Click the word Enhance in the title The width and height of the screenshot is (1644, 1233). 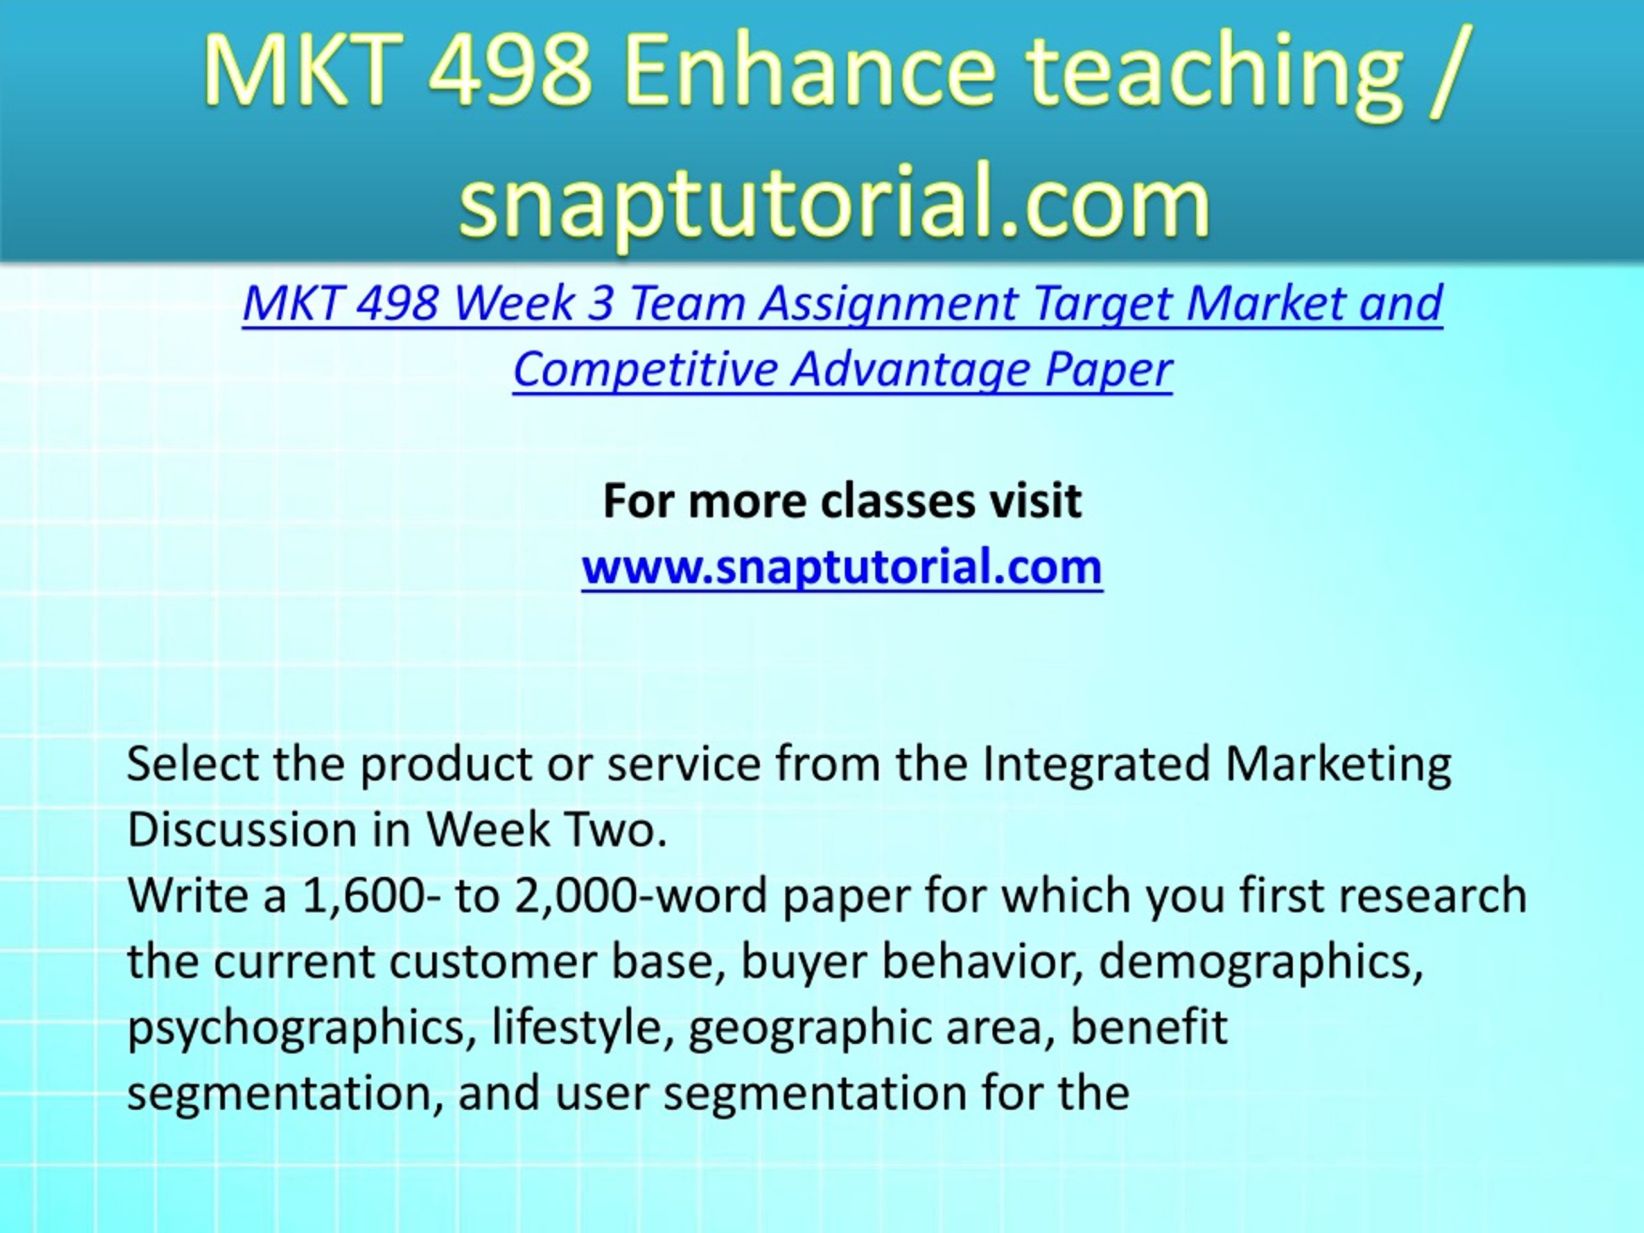[809, 73]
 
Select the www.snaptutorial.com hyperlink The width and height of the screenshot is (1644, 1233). [842, 567]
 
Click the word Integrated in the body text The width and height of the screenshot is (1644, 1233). [1096, 765]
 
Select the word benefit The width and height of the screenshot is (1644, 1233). [1149, 1026]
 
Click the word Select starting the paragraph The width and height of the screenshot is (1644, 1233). [193, 764]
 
